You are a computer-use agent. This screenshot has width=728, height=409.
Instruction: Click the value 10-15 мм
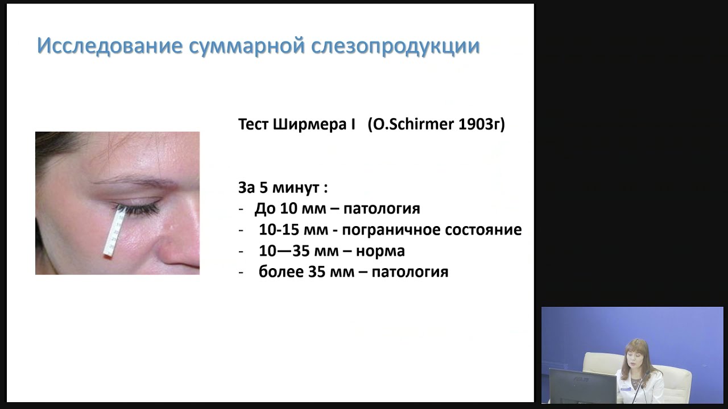[x=287, y=229]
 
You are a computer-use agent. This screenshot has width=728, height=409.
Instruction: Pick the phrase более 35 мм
[x=305, y=272]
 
